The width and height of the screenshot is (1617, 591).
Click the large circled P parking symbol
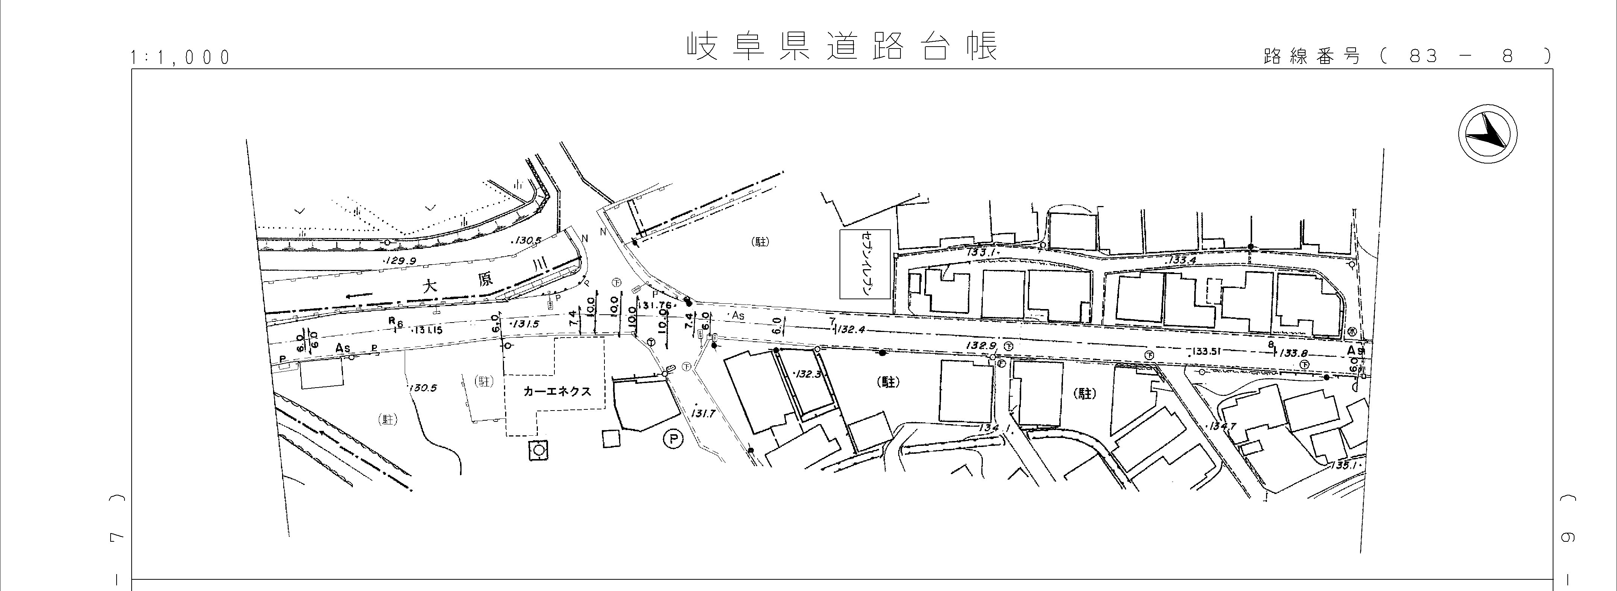pyautogui.click(x=673, y=440)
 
